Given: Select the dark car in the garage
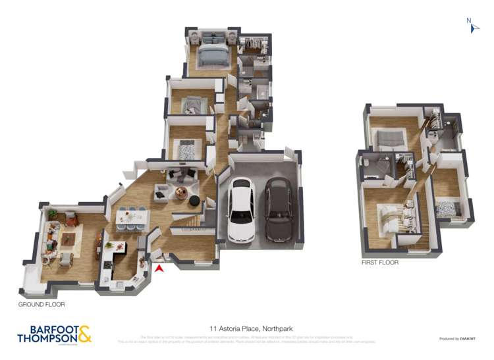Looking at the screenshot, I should tap(279, 211).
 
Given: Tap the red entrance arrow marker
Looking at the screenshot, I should tap(158, 267).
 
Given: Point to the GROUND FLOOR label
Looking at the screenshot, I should tap(41, 305).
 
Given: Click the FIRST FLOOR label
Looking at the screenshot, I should tap(379, 262).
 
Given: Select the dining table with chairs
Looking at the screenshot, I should tap(132, 217).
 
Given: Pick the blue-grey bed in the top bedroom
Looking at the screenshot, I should tap(212, 55).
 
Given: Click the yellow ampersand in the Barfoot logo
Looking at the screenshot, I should tap(84, 334).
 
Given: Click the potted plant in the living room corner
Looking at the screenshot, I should tap(52, 214).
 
